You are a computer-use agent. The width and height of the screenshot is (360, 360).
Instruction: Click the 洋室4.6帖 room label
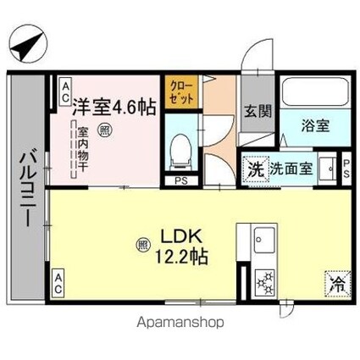(x=112, y=107)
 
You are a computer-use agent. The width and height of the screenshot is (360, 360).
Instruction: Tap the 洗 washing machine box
(x=255, y=168)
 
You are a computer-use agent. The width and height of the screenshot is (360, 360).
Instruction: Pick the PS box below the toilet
(x=180, y=180)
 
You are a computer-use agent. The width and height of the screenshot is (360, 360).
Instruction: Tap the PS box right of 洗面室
(x=346, y=167)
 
